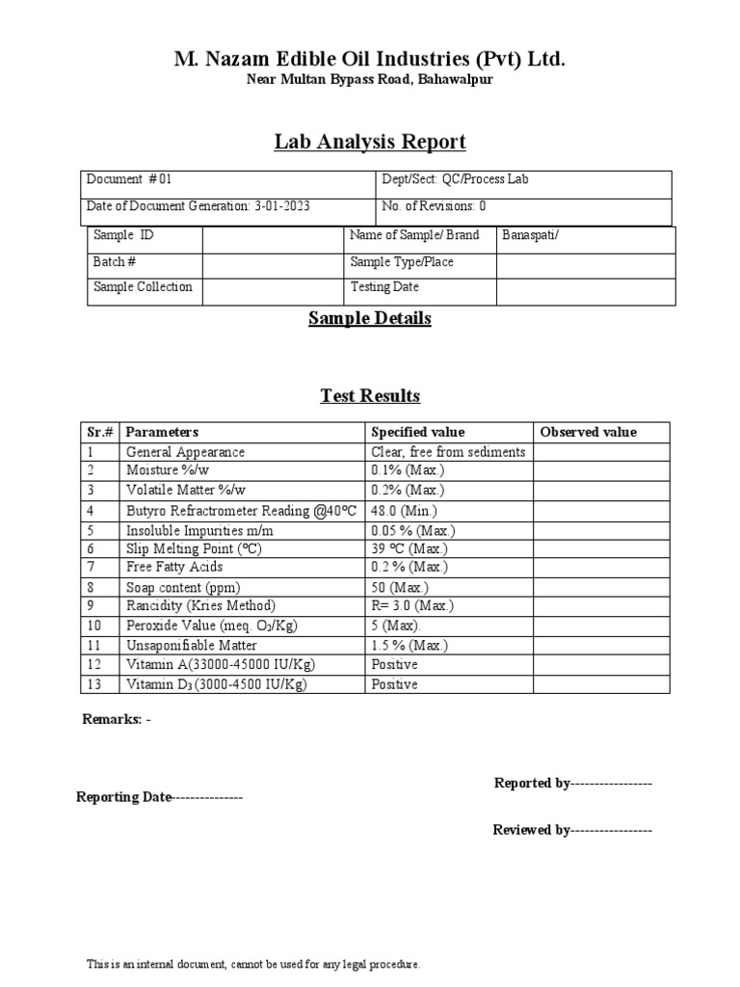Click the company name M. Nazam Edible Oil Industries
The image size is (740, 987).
(369, 60)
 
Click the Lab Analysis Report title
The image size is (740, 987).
(370, 143)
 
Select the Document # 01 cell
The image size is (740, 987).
(130, 179)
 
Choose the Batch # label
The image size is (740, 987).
(115, 261)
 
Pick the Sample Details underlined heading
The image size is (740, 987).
(370, 319)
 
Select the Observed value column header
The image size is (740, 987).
(589, 432)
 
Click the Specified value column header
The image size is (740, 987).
(417, 432)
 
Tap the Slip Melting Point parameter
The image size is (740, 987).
(194, 548)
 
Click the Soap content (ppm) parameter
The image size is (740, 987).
(183, 587)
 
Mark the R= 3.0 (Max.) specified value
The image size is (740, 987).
(412, 606)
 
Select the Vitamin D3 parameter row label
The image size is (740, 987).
(218, 684)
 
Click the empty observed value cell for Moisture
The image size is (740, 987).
(601, 470)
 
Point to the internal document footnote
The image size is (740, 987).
(253, 964)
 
